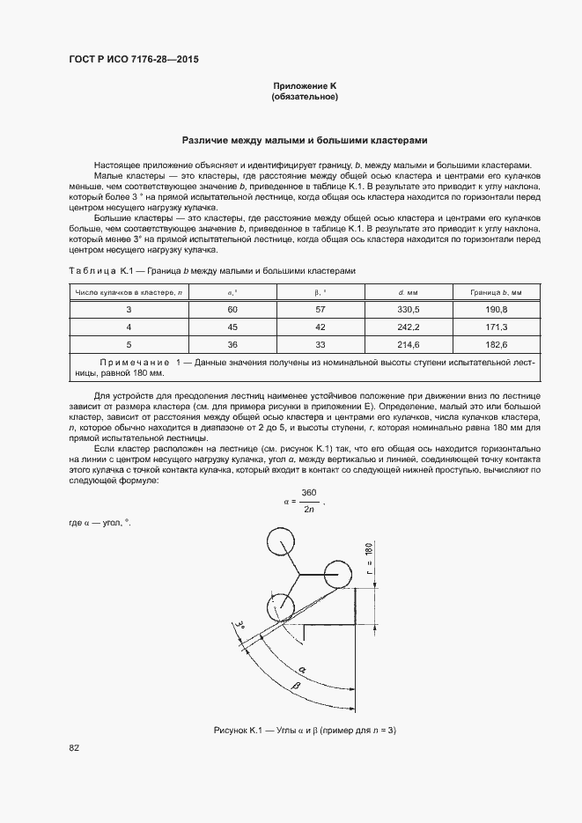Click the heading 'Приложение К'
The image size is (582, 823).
304,85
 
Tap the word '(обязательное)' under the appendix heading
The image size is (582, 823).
304,96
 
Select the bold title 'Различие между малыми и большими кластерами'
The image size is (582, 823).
304,139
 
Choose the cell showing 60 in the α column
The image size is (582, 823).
232,309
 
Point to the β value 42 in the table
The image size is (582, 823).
320,327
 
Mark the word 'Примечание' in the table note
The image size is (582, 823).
134,362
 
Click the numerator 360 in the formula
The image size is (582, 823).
308,491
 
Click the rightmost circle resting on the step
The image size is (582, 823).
337,575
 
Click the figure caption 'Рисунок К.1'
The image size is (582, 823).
239,731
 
